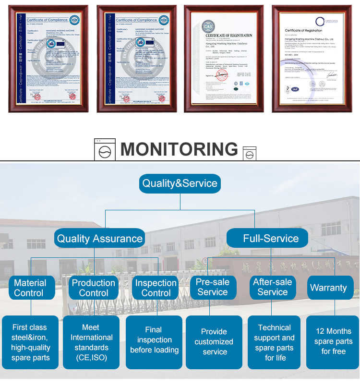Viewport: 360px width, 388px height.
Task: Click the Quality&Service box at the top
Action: (180, 183)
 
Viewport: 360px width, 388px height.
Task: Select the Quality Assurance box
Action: (100, 238)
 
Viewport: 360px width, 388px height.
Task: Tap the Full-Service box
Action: (271, 238)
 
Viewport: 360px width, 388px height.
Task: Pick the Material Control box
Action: (30, 288)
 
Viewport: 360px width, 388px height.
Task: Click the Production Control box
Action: (94, 288)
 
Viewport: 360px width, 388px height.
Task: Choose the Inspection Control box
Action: (156, 288)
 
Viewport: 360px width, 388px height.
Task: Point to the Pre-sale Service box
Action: (213, 287)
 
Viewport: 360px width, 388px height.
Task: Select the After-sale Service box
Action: (273, 287)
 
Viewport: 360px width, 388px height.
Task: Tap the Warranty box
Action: (328, 288)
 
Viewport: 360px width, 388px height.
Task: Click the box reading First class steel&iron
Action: (30, 342)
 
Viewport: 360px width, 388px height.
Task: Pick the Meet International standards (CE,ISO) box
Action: (92, 342)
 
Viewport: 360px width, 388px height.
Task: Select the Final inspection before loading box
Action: (154, 340)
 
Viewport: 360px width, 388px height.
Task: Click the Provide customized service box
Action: (214, 341)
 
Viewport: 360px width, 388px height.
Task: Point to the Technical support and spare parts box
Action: (275, 342)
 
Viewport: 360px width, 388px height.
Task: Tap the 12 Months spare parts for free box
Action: (333, 341)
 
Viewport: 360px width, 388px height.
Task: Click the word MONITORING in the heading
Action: (179, 149)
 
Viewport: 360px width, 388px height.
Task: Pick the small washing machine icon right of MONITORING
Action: (249, 154)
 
